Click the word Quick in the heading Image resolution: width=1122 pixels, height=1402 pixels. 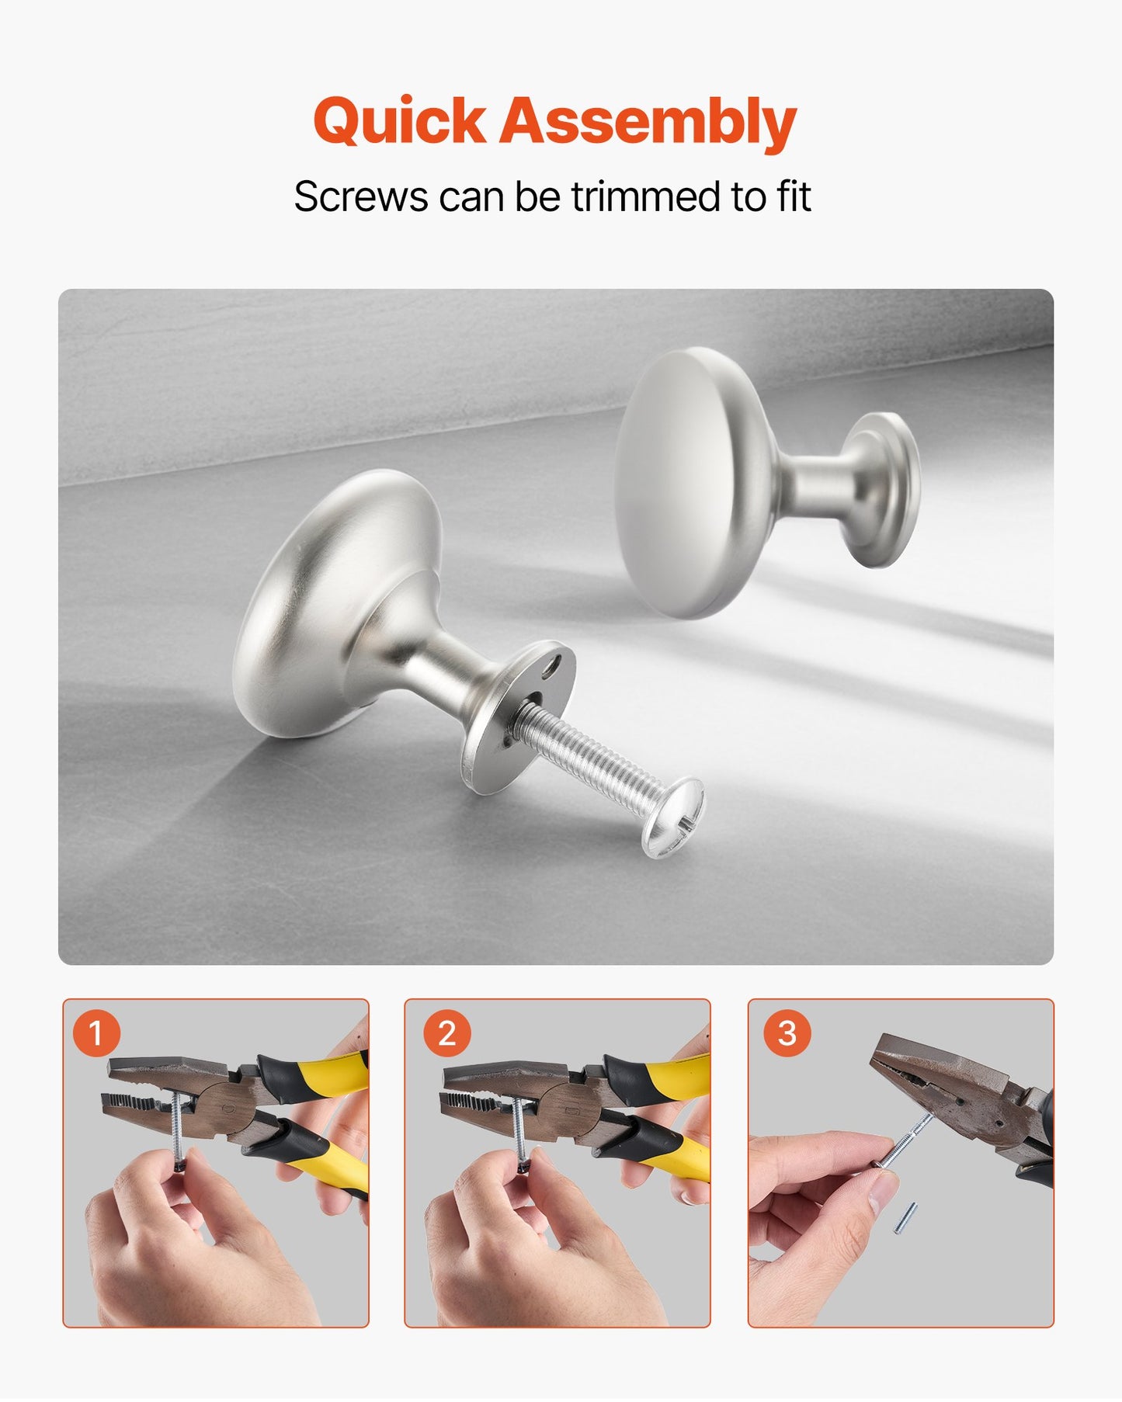coord(399,122)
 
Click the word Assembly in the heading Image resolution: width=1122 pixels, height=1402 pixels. coord(647,122)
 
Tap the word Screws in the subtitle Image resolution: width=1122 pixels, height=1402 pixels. coord(360,196)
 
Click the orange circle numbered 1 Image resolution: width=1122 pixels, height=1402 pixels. coord(96,1033)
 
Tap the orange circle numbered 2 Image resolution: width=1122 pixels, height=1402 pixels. coord(446,1033)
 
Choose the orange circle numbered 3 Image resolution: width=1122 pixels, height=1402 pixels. coord(787,1033)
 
